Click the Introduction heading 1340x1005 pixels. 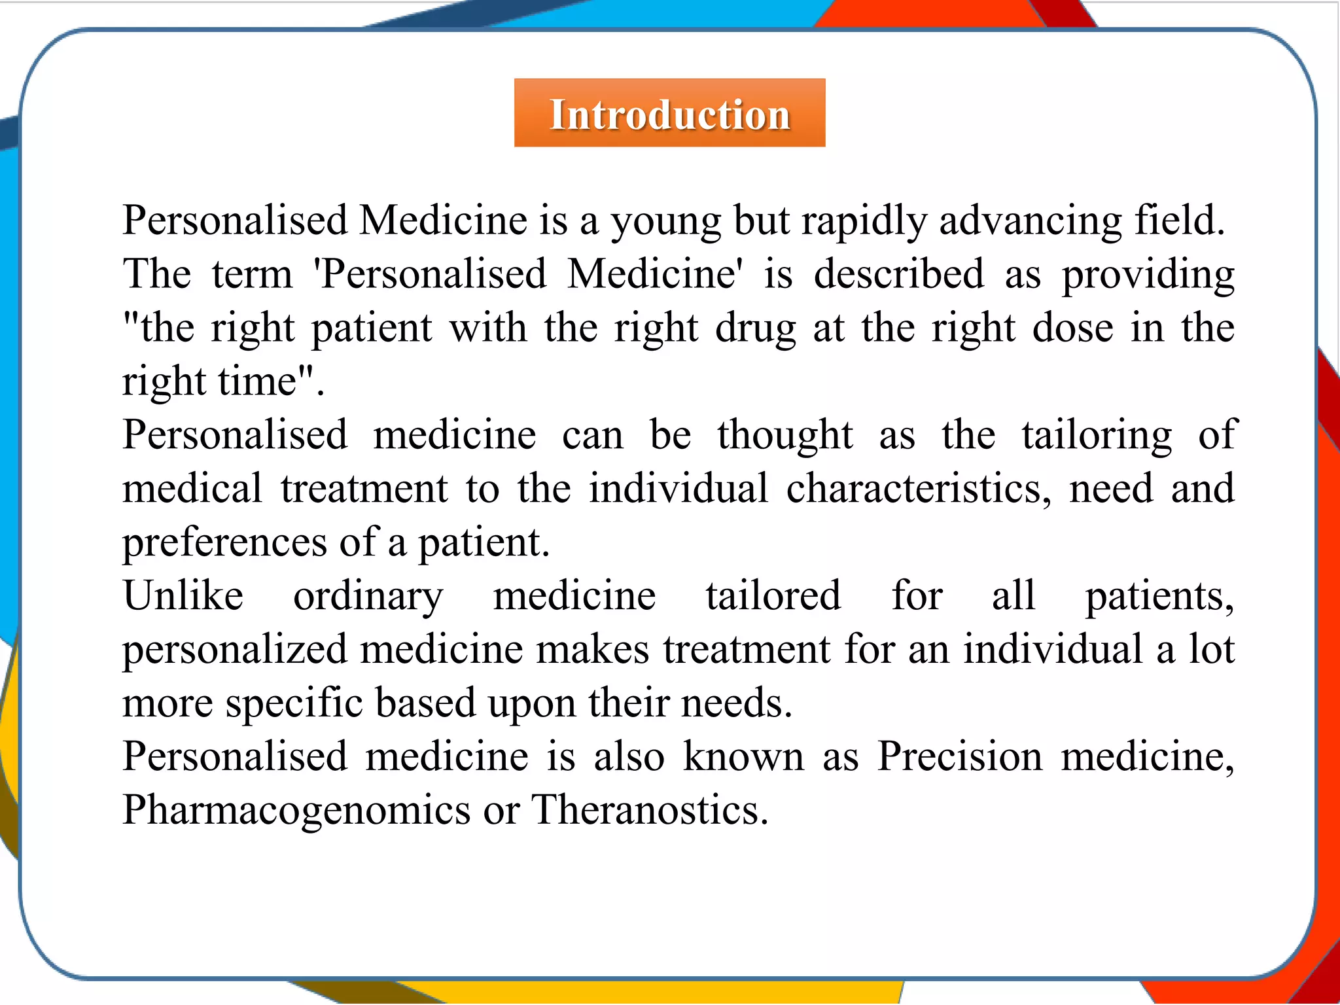click(669, 115)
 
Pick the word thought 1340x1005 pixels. click(785, 436)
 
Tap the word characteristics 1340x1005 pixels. click(919, 489)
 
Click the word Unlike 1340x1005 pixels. click(183, 596)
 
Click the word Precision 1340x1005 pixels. click(959, 757)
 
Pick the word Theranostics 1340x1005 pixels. click(648, 811)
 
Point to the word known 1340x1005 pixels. click(743, 757)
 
